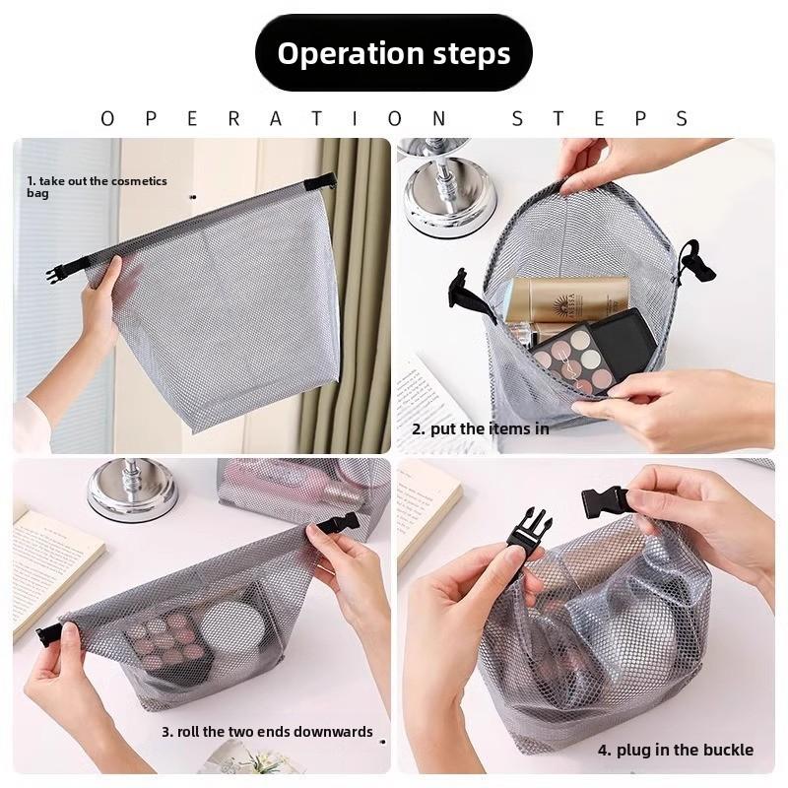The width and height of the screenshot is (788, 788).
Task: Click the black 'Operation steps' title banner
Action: (x=394, y=53)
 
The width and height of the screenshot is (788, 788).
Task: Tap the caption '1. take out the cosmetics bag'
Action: (x=97, y=187)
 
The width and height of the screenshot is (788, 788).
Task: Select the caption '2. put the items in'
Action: (x=480, y=428)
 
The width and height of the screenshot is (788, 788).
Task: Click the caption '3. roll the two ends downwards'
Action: (x=267, y=732)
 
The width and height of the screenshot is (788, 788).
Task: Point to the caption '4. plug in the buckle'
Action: (x=675, y=751)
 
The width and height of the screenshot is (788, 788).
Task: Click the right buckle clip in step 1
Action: (x=320, y=182)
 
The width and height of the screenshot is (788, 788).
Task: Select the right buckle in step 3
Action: (x=338, y=524)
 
